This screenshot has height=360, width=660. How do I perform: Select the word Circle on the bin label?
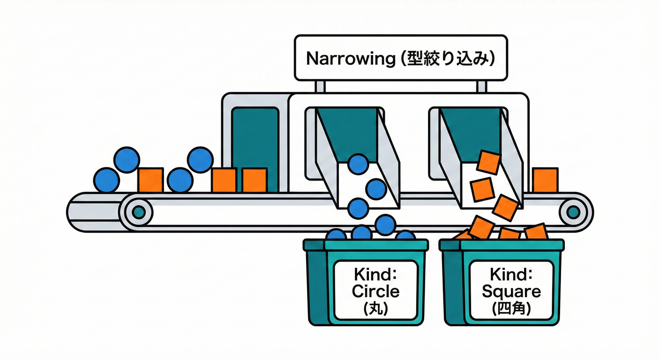click(375, 291)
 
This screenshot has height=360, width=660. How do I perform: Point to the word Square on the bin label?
click(511, 291)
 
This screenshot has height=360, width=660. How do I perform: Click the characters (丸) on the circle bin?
click(375, 309)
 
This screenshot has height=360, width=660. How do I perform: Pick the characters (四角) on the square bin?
click(511, 309)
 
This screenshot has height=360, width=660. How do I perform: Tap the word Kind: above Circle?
click(375, 274)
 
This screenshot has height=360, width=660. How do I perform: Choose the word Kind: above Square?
click(511, 274)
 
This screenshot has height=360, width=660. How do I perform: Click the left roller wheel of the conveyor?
click(138, 212)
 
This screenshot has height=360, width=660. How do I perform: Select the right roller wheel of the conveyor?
click(572, 212)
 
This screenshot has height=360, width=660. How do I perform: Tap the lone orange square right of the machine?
click(545, 180)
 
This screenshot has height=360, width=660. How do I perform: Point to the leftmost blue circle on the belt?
click(106, 180)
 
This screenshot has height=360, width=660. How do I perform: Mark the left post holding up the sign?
click(320, 87)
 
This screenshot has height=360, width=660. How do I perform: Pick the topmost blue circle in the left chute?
click(359, 164)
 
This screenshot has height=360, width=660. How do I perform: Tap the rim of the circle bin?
click(375, 244)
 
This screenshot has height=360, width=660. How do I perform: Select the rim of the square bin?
click(511, 244)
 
